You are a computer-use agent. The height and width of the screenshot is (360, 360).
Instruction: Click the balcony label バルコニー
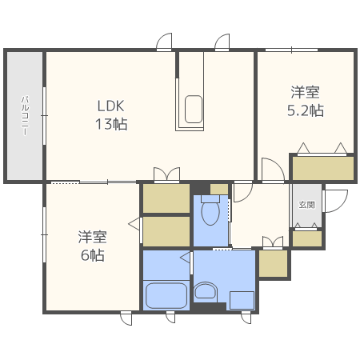pos(25,115)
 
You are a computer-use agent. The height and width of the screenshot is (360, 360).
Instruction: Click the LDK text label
pos(111,106)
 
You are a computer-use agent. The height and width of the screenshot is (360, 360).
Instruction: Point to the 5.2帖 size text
pos(305,110)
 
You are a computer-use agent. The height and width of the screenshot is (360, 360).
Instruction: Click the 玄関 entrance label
pos(307,205)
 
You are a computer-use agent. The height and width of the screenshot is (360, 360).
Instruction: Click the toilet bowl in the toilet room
pos(210,212)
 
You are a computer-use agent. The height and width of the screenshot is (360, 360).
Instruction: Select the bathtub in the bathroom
pos(166,294)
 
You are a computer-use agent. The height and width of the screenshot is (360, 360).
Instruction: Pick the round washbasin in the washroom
pos(206,290)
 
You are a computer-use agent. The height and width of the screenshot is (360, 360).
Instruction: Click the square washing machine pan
pos(242,300)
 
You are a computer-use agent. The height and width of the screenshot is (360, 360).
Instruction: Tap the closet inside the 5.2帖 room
pos(322,168)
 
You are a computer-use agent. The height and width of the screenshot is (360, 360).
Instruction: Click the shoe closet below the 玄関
pos(307,238)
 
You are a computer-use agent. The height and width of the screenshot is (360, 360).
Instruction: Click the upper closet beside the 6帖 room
pos(166,198)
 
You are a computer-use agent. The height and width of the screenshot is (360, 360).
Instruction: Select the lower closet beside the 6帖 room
pos(166,231)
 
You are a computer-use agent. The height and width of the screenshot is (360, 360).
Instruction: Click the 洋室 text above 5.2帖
pos(305,92)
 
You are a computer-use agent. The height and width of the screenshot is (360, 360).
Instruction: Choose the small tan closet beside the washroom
pos(272,263)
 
